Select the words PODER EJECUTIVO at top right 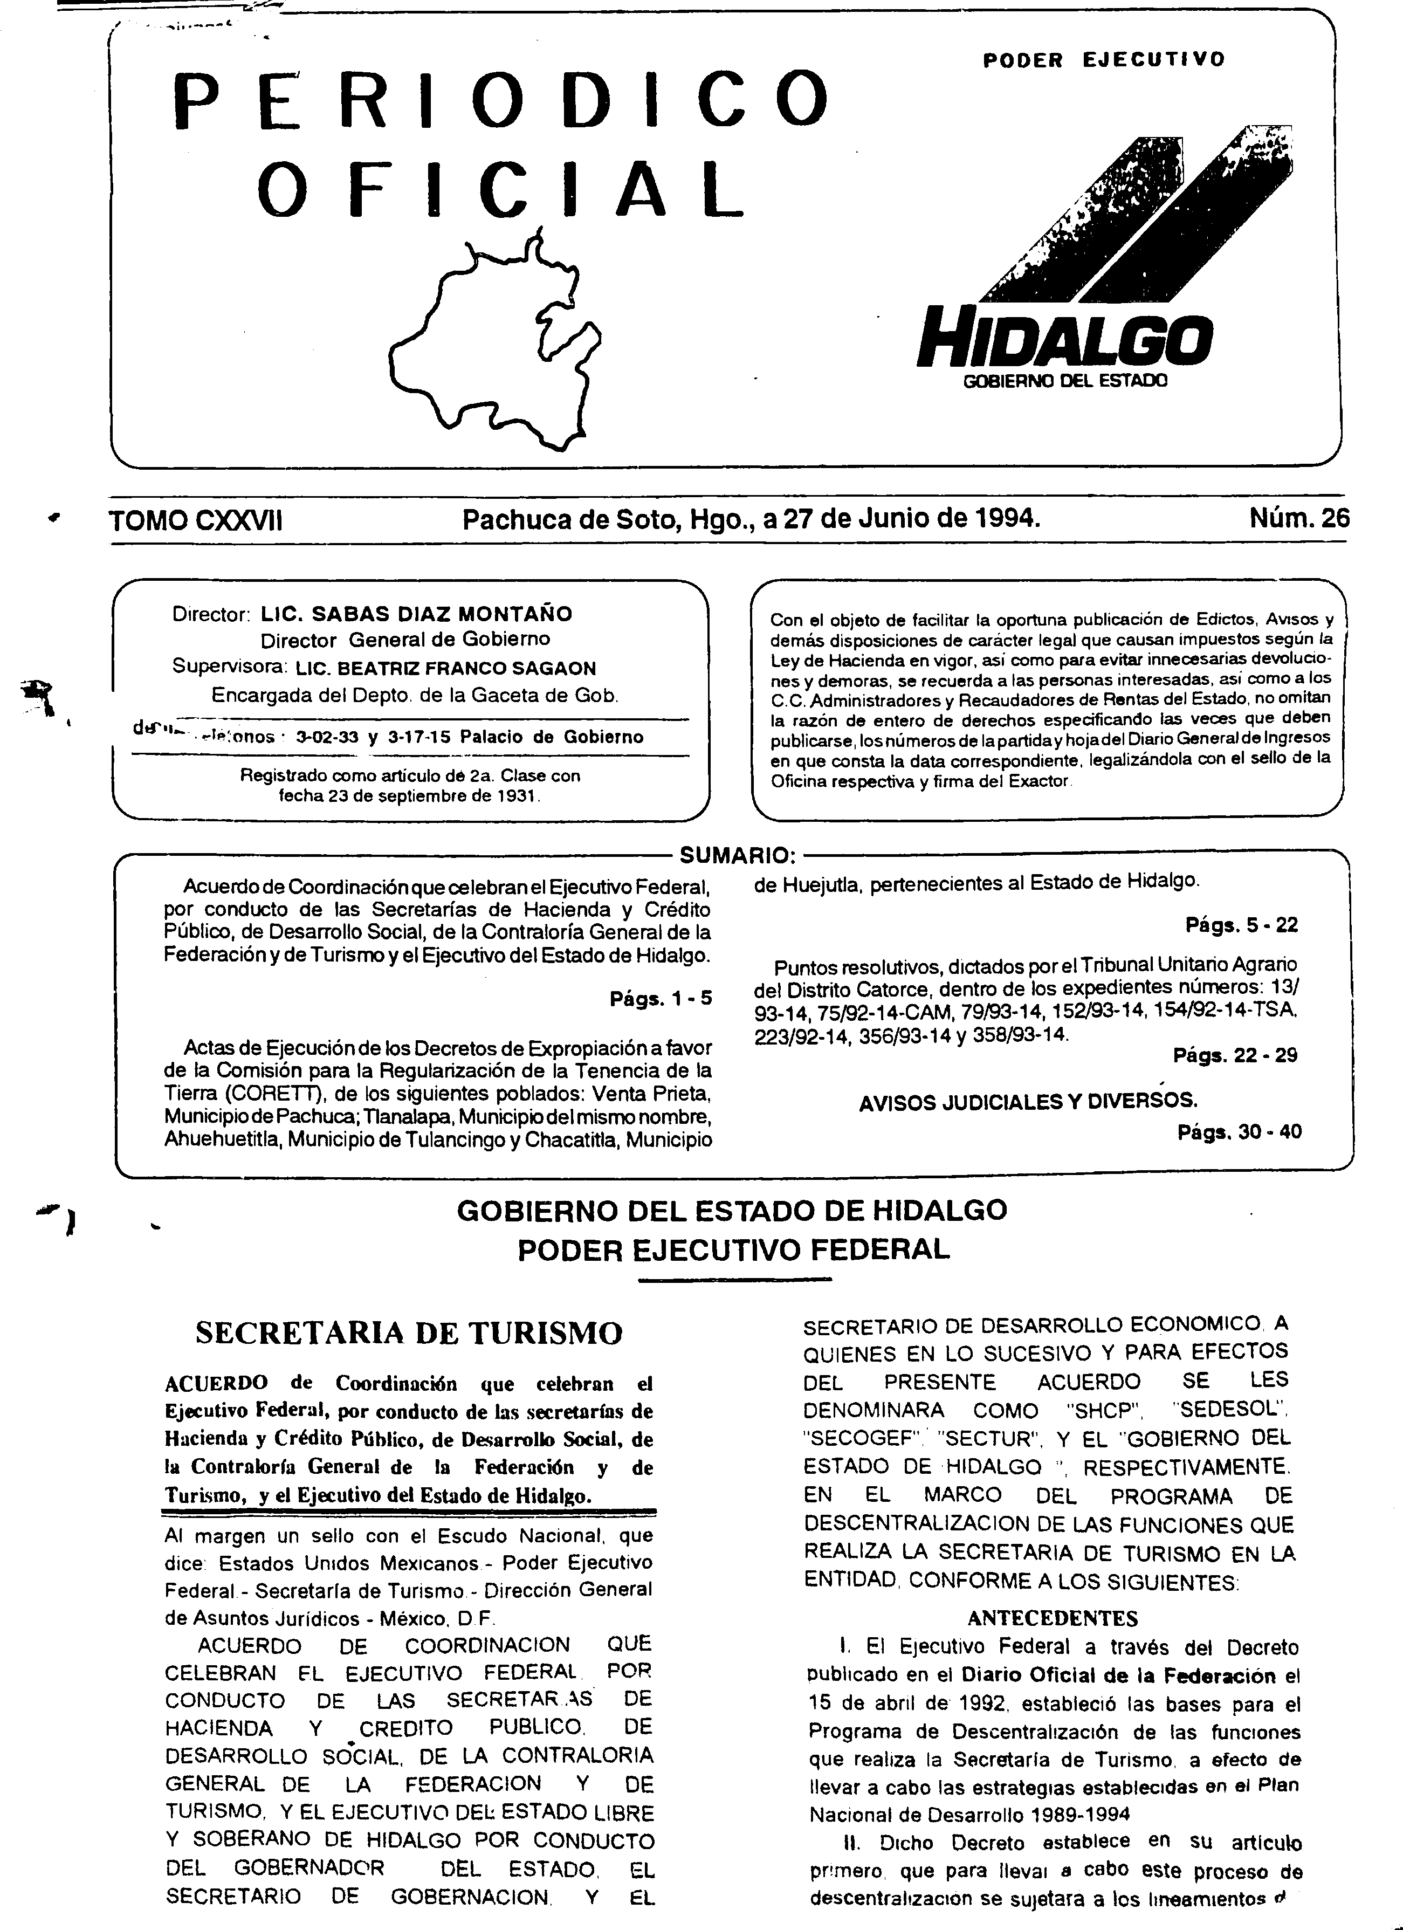[1104, 59]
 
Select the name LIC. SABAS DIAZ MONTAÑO [416, 614]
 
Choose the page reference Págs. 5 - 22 [1241, 925]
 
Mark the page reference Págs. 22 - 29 [1235, 1056]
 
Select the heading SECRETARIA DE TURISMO [409, 1333]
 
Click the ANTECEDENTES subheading [1053, 1618]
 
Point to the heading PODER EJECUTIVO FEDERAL [733, 1250]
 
